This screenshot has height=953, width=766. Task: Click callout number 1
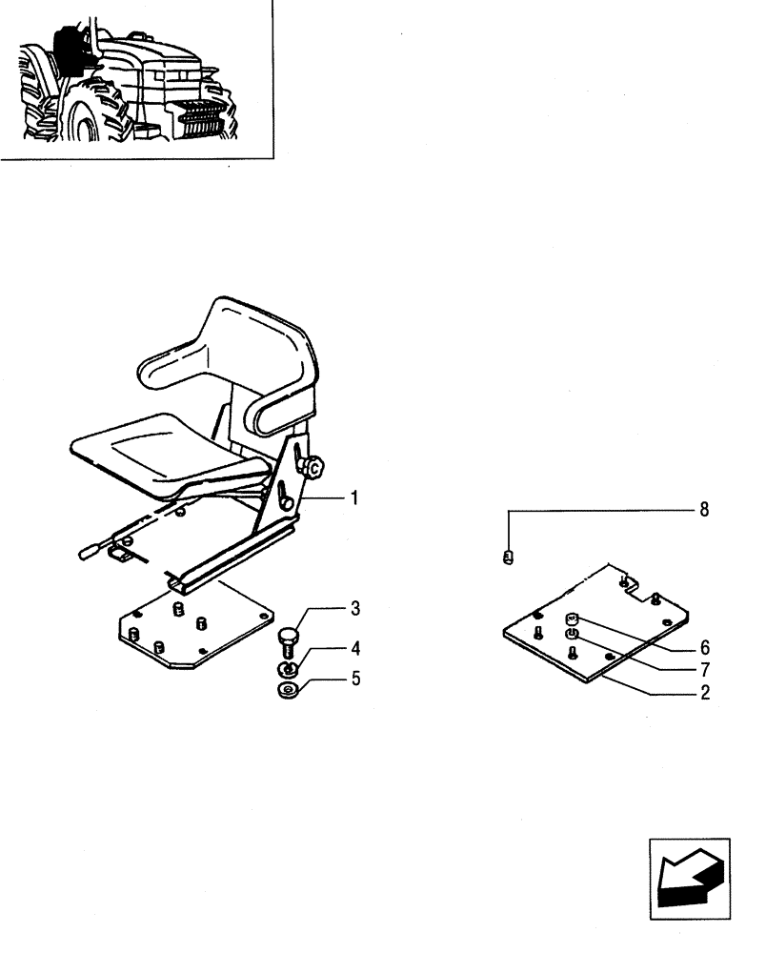353,498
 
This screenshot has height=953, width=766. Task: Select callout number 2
705,694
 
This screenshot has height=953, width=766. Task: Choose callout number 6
705,646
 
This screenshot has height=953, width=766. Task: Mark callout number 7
705,669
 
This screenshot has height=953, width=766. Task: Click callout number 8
705,510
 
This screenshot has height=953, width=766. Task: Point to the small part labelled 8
509,557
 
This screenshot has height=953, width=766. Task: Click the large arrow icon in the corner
689,879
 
